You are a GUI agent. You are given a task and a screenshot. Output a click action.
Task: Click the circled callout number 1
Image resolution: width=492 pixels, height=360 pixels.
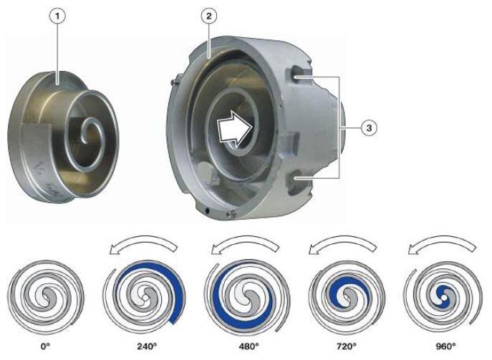(x=57, y=17)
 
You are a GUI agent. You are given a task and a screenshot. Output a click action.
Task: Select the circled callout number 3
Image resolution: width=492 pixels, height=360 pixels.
(x=369, y=128)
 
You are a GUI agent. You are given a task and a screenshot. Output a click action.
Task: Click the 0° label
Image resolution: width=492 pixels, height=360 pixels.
(x=46, y=346)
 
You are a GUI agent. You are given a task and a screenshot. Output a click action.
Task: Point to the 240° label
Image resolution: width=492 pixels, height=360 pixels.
(x=147, y=346)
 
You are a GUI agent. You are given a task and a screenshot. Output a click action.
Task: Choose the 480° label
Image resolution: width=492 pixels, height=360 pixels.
(x=249, y=346)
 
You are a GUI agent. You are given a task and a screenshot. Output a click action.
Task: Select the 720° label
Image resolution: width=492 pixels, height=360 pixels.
(x=347, y=346)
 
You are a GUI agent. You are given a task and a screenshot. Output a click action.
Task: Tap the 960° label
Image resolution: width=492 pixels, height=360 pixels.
(x=446, y=346)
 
